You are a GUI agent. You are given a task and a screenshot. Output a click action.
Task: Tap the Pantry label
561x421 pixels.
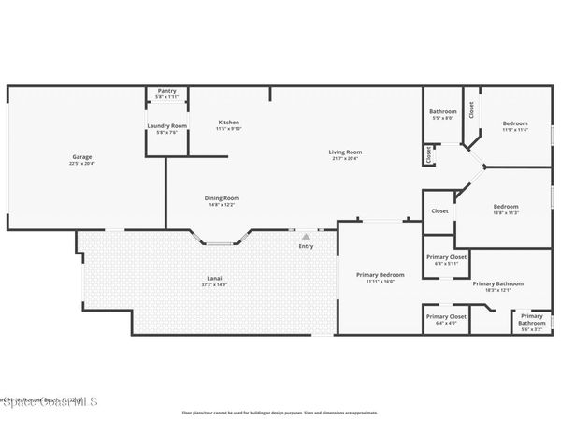click(166, 91)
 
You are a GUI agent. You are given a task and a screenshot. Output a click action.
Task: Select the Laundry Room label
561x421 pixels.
click(166, 125)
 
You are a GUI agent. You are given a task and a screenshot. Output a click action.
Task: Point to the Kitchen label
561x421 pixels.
click(229, 123)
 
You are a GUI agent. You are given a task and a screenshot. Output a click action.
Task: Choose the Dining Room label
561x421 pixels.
click(223, 197)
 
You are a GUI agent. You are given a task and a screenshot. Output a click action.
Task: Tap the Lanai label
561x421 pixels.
click(213, 278)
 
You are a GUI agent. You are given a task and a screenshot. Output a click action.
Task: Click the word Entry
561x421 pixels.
click(306, 246)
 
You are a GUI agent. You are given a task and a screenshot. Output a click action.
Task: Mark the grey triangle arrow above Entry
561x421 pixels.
click(306, 236)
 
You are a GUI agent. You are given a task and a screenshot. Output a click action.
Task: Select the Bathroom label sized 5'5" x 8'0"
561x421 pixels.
click(442, 112)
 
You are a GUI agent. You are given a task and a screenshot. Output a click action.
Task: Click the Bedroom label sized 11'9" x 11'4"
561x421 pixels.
click(514, 123)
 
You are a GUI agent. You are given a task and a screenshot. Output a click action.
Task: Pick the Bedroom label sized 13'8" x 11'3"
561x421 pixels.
click(505, 206)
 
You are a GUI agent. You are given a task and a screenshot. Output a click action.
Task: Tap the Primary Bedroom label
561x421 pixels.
click(380, 274)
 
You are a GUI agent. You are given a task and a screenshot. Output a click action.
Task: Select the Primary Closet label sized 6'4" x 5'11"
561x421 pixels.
click(446, 256)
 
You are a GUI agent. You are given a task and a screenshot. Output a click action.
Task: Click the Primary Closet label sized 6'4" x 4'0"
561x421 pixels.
click(446, 316)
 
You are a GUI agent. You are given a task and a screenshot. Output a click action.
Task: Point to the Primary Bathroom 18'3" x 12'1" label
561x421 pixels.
click(497, 283)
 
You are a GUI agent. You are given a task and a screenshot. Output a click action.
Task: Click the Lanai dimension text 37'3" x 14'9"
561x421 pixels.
click(213, 284)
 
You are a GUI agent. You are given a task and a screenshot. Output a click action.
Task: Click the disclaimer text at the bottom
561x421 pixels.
click(280, 412)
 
